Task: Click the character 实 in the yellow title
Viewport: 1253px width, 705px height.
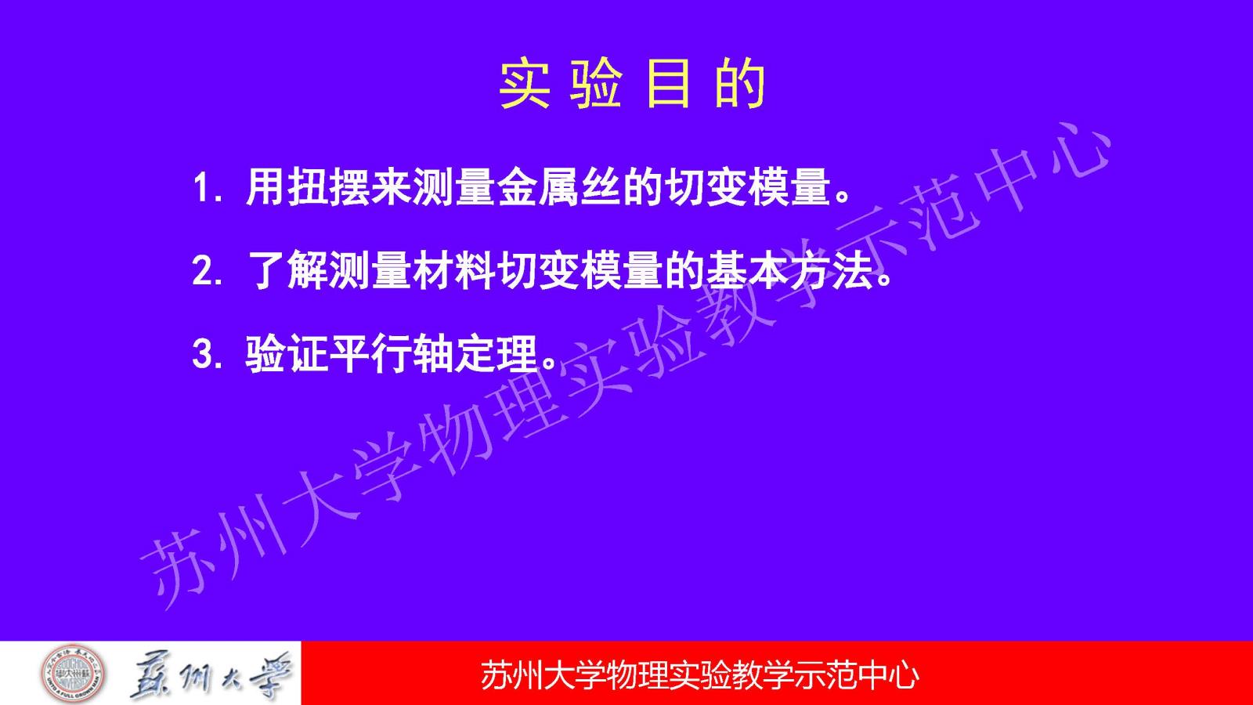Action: (x=524, y=83)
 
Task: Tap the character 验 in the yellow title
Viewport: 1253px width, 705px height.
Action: (x=596, y=83)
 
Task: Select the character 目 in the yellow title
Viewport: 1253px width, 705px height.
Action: (x=667, y=83)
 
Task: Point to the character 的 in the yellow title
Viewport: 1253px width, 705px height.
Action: (x=740, y=83)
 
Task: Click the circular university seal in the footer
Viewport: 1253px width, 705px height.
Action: (x=73, y=673)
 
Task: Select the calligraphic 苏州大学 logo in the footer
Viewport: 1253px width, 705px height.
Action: (x=211, y=674)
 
